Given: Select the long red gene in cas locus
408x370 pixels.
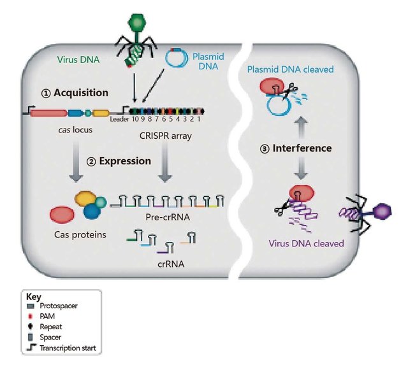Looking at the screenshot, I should (48, 113).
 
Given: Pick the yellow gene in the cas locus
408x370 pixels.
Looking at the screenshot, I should (101, 113).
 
